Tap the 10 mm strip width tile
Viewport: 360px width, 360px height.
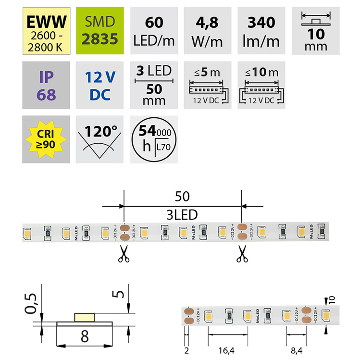coord(316,28)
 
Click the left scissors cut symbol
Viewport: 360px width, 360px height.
coord(124,256)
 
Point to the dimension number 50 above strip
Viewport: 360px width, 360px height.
coord(182,197)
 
